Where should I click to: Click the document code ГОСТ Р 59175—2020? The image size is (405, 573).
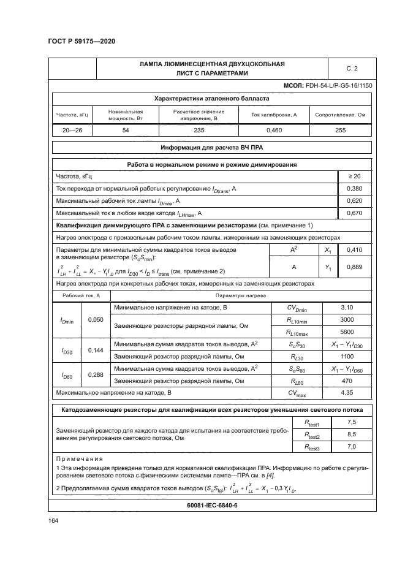pos(81,41)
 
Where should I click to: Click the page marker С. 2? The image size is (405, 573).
pos(352,68)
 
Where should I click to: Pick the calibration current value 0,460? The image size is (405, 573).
pos(274,130)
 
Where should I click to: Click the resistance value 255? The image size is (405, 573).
pos(340,130)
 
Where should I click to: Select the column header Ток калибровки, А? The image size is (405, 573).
pos(274,114)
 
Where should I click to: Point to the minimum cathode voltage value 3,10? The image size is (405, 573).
pos(346,307)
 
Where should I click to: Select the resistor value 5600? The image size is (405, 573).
pos(346,332)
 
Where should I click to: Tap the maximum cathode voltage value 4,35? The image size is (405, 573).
pos(346,391)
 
